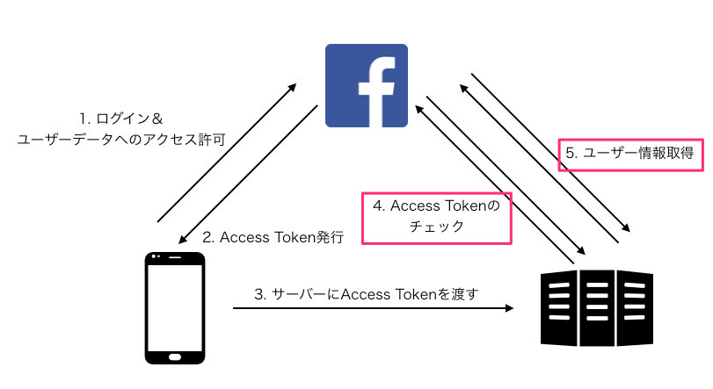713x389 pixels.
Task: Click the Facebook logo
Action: point(366,85)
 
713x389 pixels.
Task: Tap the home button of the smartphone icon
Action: point(174,356)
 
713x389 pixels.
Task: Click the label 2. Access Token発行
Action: point(273,237)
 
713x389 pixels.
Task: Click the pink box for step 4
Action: point(437,216)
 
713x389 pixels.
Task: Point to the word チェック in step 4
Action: point(437,227)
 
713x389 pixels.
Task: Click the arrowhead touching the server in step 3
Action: point(508,308)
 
